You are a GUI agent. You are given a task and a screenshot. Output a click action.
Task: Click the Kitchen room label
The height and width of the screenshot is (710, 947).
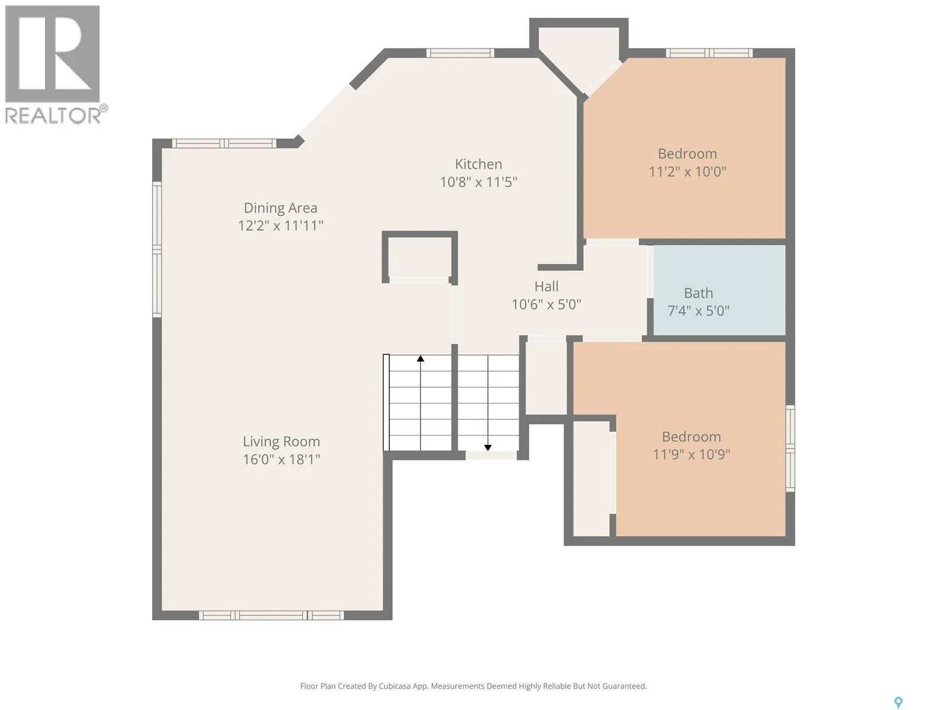click(478, 164)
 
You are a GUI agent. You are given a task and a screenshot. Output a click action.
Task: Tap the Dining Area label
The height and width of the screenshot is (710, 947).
click(281, 208)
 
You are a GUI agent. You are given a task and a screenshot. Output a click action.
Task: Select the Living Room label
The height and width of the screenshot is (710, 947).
click(281, 442)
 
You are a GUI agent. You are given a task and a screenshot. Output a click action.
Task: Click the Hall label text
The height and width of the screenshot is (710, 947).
click(546, 287)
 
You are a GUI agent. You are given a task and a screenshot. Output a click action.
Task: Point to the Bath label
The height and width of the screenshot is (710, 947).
click(698, 293)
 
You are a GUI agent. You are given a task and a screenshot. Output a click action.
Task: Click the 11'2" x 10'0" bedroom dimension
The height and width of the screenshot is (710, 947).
click(687, 172)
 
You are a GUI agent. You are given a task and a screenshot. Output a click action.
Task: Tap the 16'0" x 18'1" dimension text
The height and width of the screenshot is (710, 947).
click(281, 460)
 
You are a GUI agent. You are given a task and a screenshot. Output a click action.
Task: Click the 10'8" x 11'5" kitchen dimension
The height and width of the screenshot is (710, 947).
click(478, 182)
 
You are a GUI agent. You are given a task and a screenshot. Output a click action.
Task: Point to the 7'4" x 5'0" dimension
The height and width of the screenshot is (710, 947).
click(698, 311)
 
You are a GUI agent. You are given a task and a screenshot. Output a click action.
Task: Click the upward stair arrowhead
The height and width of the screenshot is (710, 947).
click(420, 358)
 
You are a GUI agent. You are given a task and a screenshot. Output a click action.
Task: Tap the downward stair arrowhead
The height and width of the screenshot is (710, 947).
click(488, 447)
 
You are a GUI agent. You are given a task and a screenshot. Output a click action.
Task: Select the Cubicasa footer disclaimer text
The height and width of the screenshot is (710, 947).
click(474, 686)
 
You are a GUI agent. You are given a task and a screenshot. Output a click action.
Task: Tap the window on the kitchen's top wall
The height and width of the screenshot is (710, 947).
click(460, 53)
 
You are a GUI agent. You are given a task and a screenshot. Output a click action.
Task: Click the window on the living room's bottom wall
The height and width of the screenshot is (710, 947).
click(271, 615)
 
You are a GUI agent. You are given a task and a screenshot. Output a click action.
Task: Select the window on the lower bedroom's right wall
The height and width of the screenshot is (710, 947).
click(790, 448)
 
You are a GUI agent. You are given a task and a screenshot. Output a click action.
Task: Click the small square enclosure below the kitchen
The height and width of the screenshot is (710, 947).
click(420, 257)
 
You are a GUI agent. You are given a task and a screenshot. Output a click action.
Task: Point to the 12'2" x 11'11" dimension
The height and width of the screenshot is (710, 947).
click(281, 226)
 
